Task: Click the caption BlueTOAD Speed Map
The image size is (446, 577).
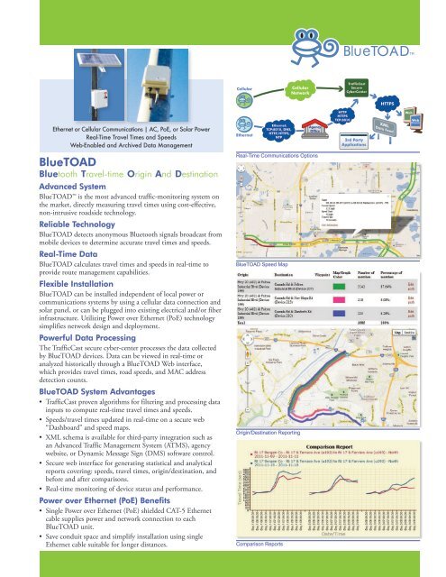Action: [264, 237]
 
